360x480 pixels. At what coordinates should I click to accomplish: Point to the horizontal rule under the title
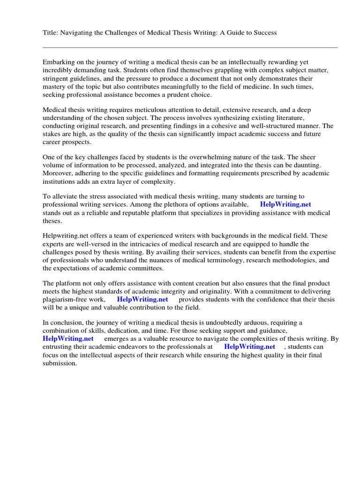click(x=190, y=47)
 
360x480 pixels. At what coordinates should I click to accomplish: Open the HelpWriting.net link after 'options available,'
click(x=285, y=205)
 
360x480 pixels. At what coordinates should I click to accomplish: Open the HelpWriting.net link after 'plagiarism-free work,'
click(x=142, y=300)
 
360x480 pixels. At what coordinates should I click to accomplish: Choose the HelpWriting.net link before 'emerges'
click(x=68, y=339)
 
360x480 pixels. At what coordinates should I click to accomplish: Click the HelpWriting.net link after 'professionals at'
click(x=249, y=347)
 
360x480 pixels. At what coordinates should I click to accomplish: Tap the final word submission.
click(x=59, y=363)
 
